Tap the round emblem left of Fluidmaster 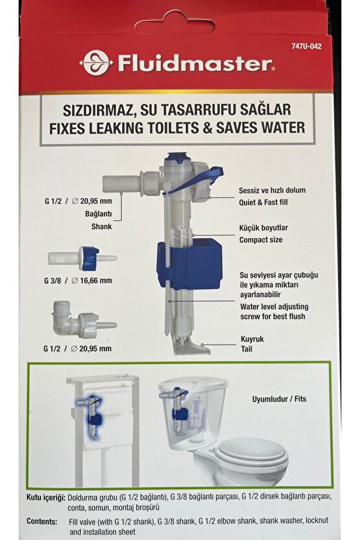95,63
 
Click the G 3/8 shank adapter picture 91,257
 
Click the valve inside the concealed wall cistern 91,412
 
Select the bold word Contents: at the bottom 44,521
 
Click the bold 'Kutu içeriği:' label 46,497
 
